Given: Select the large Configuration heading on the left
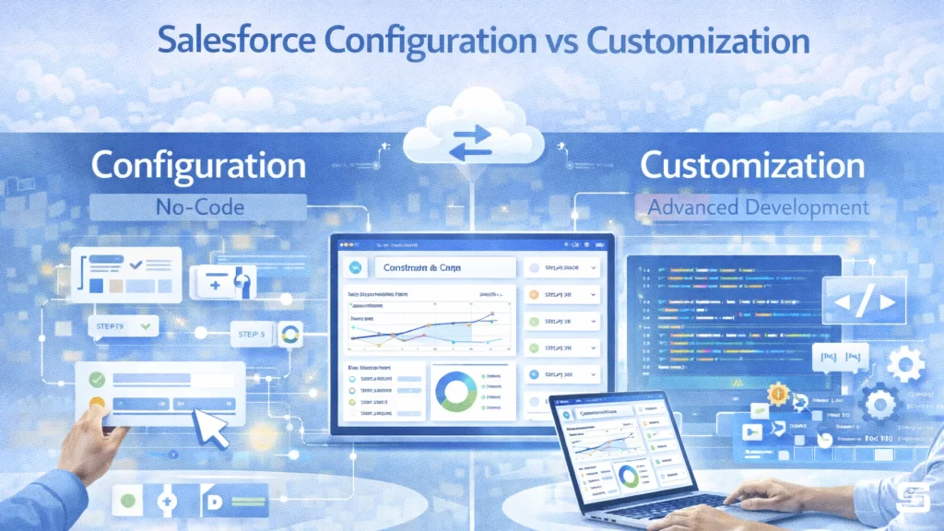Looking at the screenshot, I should [x=198, y=166].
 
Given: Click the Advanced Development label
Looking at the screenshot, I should [x=758, y=206].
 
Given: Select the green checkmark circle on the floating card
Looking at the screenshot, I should [x=96, y=378].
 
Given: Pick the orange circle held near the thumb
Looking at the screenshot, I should [x=95, y=404].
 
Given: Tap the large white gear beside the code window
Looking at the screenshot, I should [x=905, y=365].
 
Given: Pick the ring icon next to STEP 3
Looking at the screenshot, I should [x=289, y=334].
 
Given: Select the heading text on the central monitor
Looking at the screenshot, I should [x=420, y=267].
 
